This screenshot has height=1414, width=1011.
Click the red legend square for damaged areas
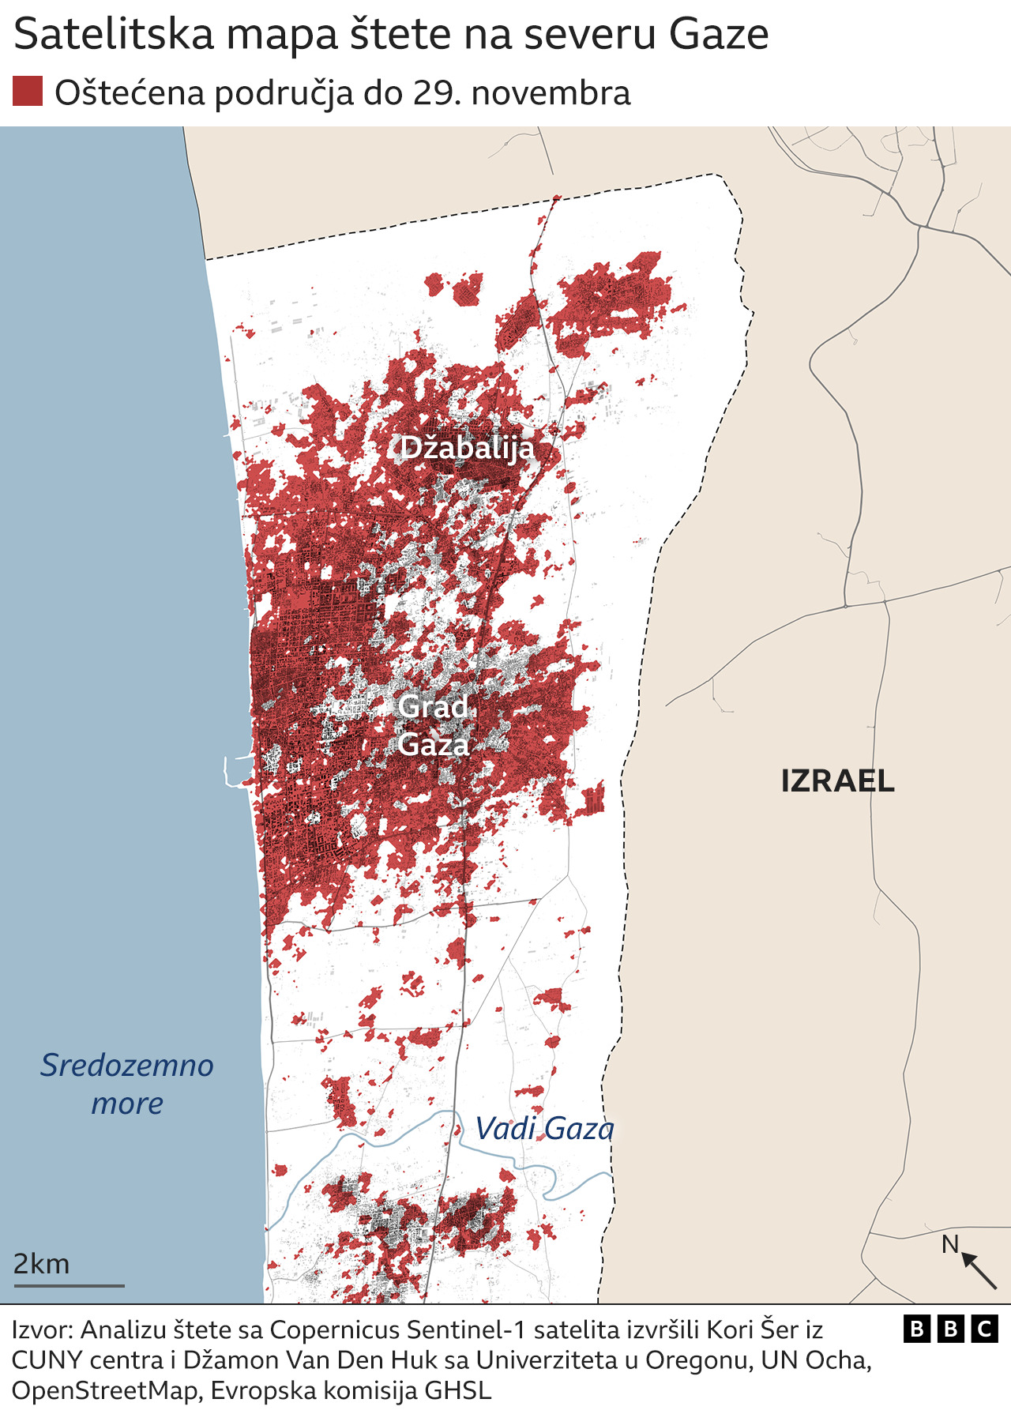28,92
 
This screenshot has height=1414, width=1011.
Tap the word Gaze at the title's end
718,35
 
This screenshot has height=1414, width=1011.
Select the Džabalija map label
467,449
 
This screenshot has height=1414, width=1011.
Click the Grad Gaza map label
434,725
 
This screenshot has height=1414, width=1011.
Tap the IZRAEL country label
837,781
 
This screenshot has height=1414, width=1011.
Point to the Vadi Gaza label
544,1129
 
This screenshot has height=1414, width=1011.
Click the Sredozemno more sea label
127,1084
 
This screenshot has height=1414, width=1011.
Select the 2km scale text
41,1264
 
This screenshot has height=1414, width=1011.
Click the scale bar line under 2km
70,1286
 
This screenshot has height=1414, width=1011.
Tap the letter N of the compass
949,1245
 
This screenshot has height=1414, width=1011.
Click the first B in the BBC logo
916,1329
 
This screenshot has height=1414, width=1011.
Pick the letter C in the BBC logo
984,1329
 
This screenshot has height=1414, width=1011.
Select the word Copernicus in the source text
336,1330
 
